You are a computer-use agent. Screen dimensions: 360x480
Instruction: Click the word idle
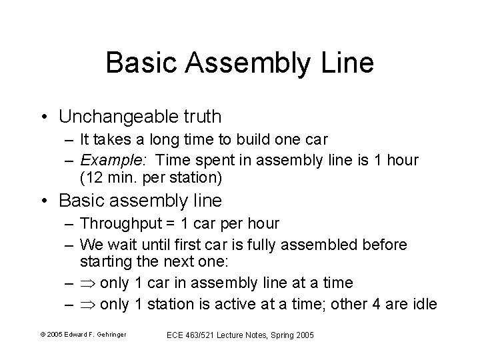(x=425, y=305)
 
